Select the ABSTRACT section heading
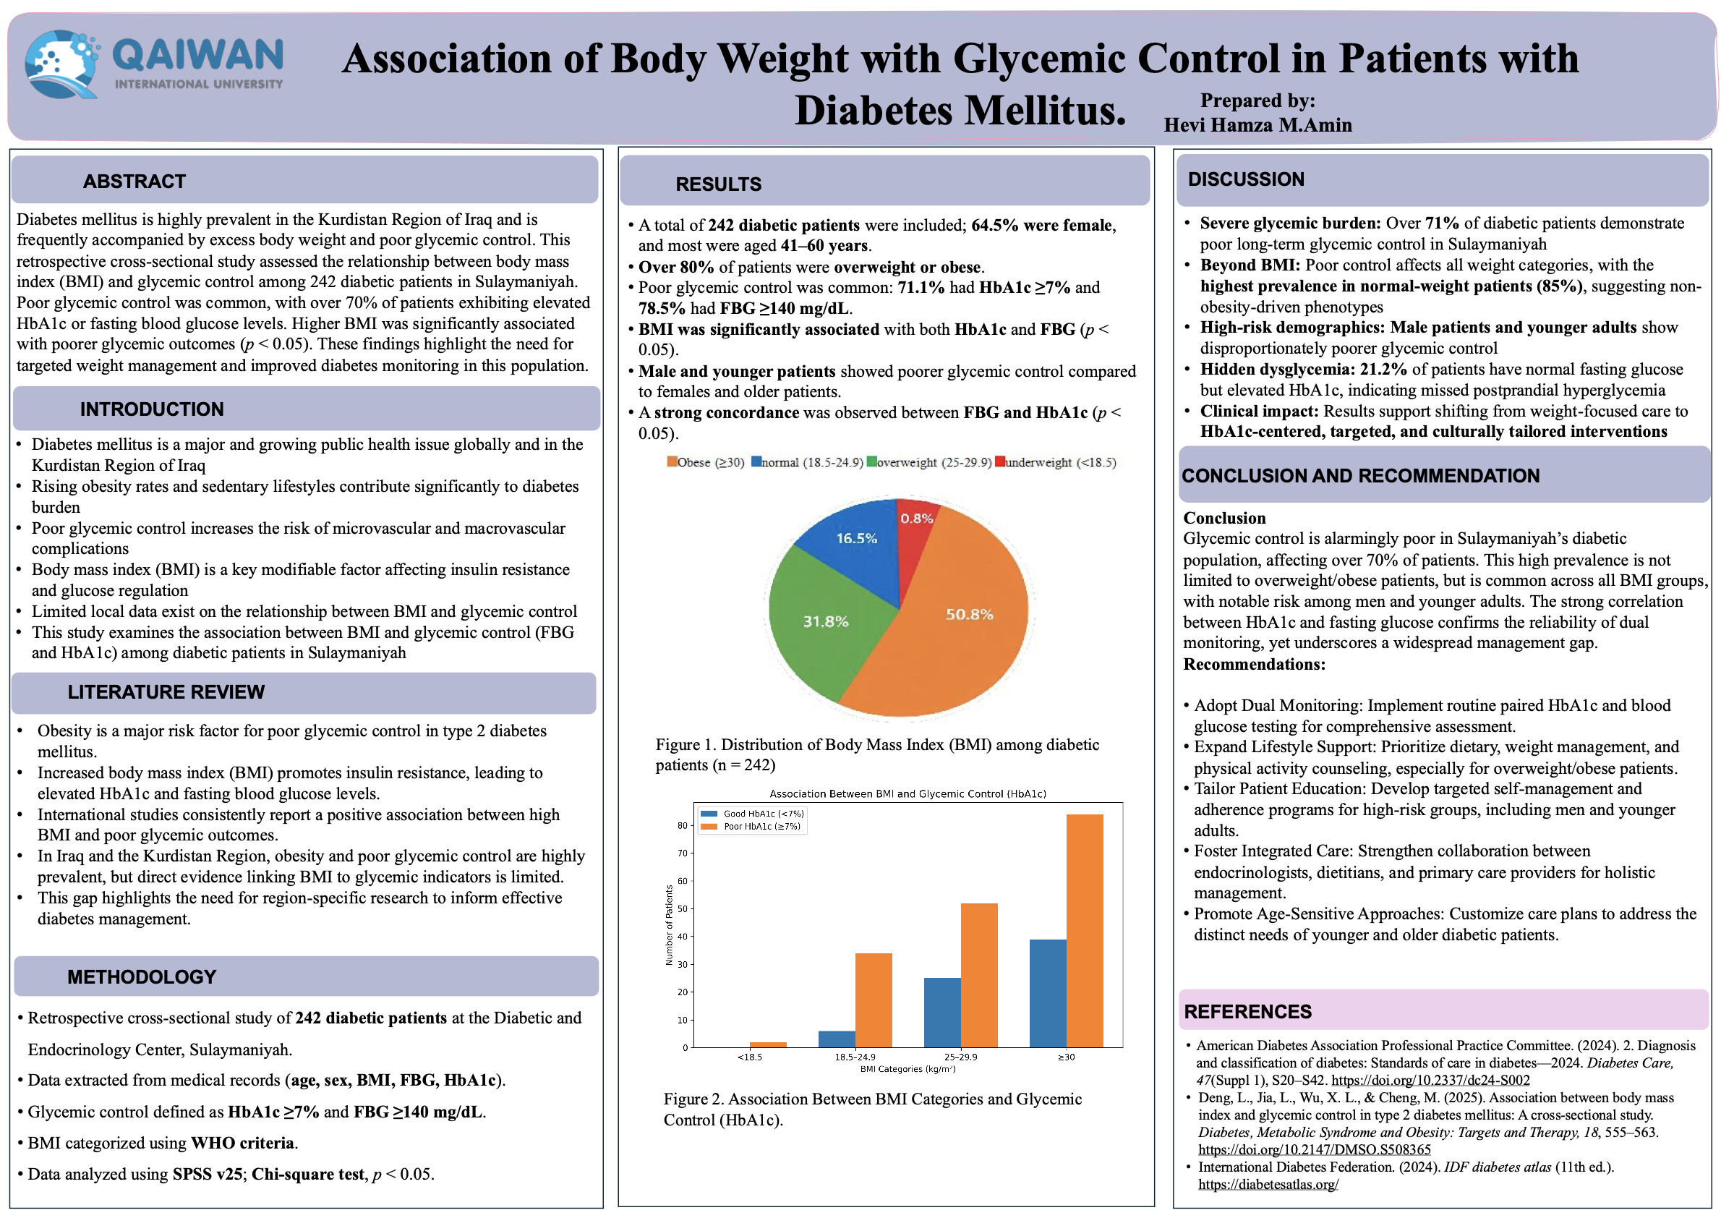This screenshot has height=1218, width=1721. pos(134,182)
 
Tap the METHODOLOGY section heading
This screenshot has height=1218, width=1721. pos(142,976)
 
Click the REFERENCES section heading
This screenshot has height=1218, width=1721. pos(1247,1012)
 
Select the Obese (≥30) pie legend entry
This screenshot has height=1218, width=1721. pos(705,462)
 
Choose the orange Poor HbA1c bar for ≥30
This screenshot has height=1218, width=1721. pos(1085,930)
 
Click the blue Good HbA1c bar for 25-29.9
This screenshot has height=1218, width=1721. pos(942,1013)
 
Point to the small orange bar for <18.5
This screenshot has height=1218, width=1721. pos(768,1044)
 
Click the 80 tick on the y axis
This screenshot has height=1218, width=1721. pos(682,825)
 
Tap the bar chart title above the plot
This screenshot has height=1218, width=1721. pos(908,793)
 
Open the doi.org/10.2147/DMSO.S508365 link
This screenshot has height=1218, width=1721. pos(1314,1149)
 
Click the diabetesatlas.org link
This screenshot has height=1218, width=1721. pos(1268,1184)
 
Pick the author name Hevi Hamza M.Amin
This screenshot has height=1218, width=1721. pos(1257,125)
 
